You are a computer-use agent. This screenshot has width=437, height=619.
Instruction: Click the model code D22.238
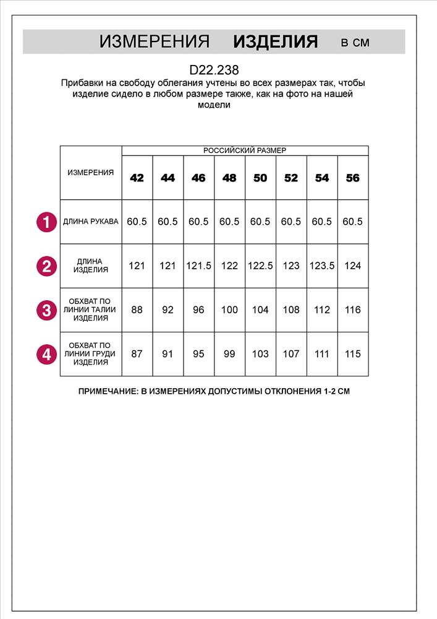tap(214, 71)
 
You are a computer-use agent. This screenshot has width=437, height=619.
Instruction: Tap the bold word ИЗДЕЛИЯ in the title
tap(276, 42)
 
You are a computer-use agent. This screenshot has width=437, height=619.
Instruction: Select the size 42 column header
tap(137, 178)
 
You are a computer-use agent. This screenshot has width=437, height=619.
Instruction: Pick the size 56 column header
tap(353, 178)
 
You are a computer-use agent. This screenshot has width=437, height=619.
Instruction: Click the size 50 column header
tap(260, 178)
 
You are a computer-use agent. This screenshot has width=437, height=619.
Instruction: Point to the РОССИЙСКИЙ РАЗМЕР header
tap(245, 150)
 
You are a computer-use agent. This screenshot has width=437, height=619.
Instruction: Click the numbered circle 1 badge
tap(46, 222)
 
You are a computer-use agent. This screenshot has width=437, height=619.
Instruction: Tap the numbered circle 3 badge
tap(46, 309)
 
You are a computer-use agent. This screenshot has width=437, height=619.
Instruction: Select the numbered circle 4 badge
tap(46, 354)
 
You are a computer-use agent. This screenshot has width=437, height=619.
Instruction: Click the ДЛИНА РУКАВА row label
tap(91, 222)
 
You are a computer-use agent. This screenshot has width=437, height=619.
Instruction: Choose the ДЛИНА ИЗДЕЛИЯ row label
tap(91, 266)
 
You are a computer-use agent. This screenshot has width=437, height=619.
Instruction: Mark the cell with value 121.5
tap(198, 266)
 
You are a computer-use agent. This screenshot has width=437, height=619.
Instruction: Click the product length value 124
tap(353, 266)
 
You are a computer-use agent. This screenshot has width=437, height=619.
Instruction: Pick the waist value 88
tap(137, 310)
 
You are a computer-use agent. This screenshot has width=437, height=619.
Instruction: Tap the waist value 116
tap(353, 310)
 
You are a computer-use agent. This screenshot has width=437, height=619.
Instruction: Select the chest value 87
tap(137, 354)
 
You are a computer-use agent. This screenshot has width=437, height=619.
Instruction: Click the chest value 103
tap(260, 354)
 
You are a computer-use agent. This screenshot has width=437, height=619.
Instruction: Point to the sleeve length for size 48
tap(229, 222)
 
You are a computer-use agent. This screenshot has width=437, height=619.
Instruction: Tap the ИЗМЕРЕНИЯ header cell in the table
tap(91, 173)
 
